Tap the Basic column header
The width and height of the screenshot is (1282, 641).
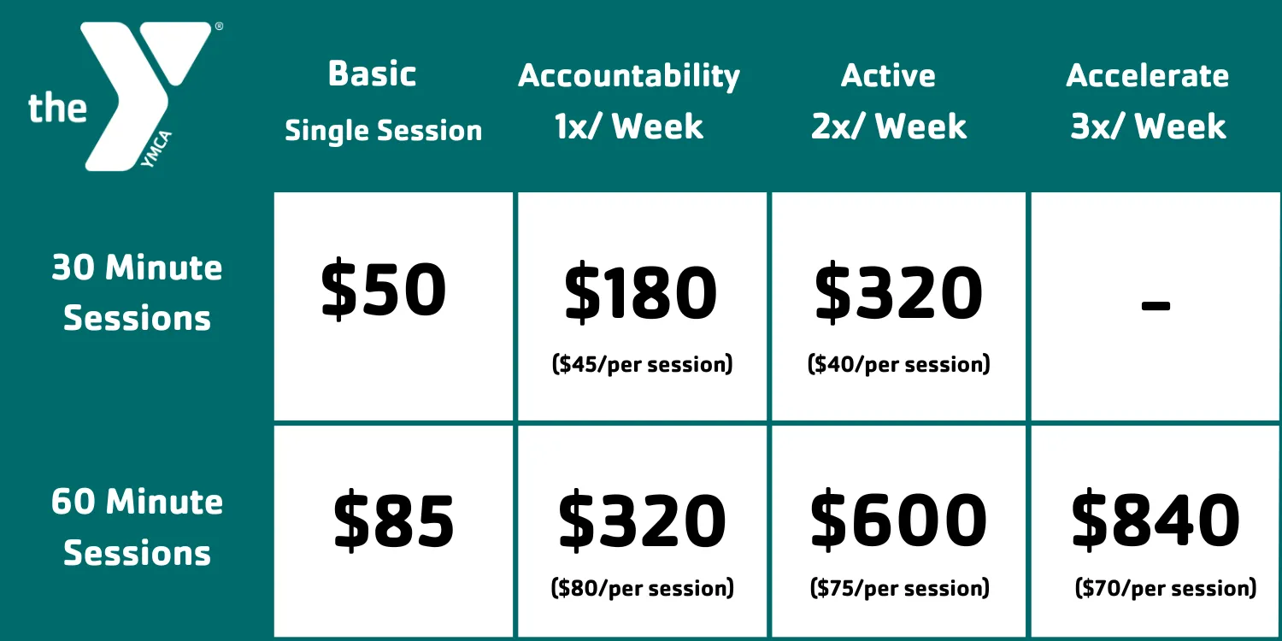[x=373, y=74]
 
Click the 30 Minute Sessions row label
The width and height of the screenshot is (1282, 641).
[x=137, y=292]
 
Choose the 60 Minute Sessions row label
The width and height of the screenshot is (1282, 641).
[x=137, y=526]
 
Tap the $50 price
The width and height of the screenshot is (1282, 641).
[x=384, y=291]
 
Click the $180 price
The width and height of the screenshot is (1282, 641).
[x=641, y=293]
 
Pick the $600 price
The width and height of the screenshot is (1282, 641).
[x=898, y=520]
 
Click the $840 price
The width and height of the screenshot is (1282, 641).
[x=1156, y=520]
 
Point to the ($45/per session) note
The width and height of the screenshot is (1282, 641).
[x=643, y=365]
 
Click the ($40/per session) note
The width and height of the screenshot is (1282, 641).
[x=899, y=365]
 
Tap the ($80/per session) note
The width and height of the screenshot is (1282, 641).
[x=643, y=588]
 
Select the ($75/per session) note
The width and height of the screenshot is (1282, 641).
[x=899, y=588]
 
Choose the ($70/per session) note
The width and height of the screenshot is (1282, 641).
[x=1166, y=588]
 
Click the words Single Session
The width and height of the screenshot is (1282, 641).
[x=384, y=131]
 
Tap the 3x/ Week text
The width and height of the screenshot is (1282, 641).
[x=1148, y=127]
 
